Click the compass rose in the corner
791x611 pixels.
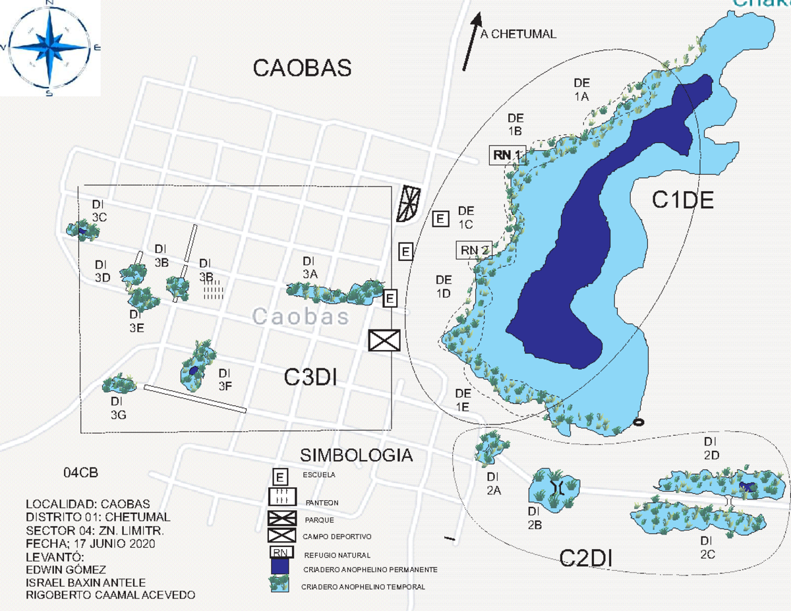coord(49,47)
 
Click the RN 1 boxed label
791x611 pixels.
coord(507,156)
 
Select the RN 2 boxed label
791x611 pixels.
coord(474,250)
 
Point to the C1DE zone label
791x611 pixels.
coord(683,200)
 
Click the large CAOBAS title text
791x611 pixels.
coord(303,68)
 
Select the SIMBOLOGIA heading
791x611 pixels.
coord(357,455)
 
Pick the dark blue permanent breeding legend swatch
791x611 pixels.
coord(280,567)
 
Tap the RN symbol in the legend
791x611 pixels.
coord(281,553)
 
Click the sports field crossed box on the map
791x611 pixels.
coord(384,340)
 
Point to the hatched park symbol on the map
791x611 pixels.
coord(408,204)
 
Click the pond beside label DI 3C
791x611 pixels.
coord(78,229)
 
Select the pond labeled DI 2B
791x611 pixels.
coord(554,488)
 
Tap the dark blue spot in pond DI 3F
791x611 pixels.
coord(192,372)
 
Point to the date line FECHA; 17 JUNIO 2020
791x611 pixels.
coord(90,544)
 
